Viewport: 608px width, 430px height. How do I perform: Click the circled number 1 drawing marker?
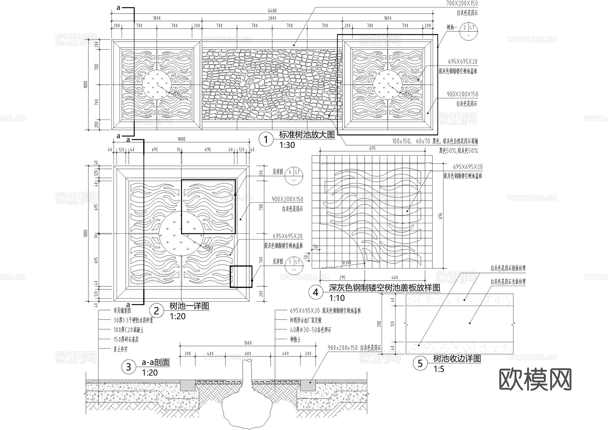pos(266,140)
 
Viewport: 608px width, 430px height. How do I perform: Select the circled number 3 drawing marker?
pos(128,367)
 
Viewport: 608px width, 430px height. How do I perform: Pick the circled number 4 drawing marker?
pos(315,292)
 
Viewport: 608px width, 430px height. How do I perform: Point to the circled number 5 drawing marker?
pos(420,363)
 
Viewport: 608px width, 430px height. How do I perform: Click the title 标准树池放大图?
pos(307,135)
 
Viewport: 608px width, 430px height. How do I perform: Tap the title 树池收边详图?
pos(457,359)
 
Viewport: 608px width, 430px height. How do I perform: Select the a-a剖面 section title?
pos(156,362)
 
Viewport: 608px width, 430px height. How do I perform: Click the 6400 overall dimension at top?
pos(272,10)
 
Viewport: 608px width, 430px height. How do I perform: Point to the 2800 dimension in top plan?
pos(272,18)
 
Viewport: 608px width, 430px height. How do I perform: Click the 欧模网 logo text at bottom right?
pos(535,379)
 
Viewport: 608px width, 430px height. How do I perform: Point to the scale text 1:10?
pos(337,298)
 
